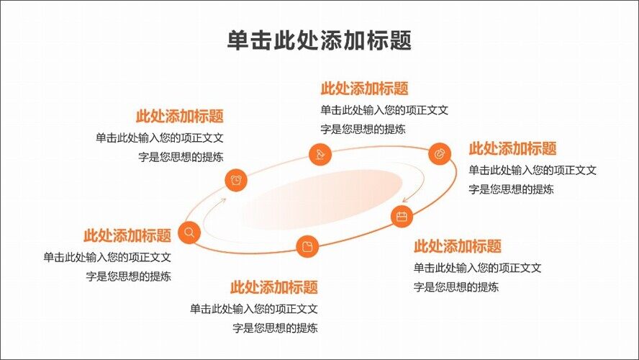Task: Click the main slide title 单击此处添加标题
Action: coord(319,40)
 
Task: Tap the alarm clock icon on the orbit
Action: coord(236,179)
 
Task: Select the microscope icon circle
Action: coord(319,154)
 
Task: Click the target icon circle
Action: coord(439,153)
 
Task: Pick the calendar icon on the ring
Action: coord(402,216)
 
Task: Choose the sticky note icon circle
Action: coord(307,246)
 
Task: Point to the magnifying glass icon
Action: coord(189,232)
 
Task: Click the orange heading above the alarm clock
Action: coord(179,117)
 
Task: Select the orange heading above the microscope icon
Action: coord(364,89)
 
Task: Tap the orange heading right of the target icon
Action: coord(512,149)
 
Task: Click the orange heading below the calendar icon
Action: coord(457,246)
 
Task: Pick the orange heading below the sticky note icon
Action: coord(273,287)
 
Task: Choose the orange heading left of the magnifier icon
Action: coord(127,235)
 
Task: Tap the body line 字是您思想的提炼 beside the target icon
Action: coord(511,189)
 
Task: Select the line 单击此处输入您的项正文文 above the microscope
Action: coord(384,110)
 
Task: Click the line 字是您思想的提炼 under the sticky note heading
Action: coord(275,328)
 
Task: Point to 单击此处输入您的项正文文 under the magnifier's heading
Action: coord(106,256)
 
